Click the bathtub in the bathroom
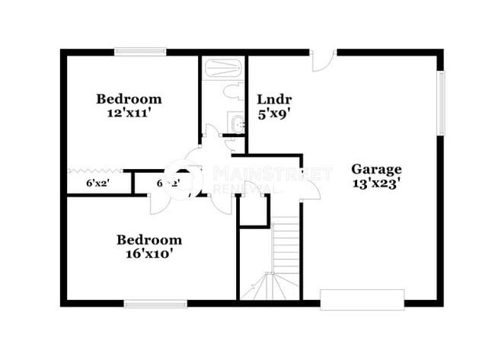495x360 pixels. [223, 68]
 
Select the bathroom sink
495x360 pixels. [235, 124]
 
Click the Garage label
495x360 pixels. [376, 169]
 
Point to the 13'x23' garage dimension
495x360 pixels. [376, 183]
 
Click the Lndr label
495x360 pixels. [274, 100]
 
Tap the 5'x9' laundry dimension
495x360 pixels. [274, 113]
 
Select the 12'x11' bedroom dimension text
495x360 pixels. [129, 113]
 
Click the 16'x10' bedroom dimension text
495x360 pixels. [149, 254]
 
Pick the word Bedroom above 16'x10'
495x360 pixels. [149, 240]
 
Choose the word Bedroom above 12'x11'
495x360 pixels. [129, 98]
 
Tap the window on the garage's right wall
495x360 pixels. [440, 101]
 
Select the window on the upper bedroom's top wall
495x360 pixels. [140, 52]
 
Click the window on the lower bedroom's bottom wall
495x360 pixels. [155, 304]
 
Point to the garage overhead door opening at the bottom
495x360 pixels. [362, 300]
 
